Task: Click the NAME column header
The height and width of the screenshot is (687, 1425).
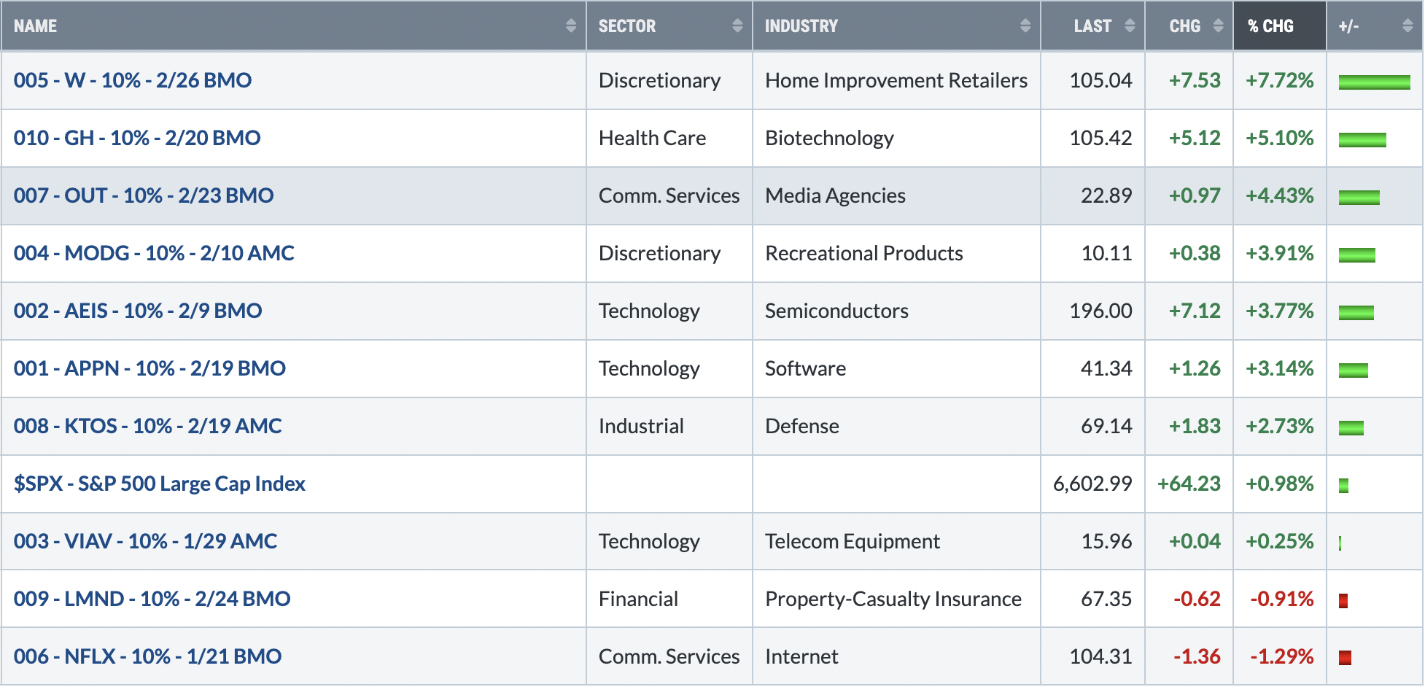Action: coord(35,26)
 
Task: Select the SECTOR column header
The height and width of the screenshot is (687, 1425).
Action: coord(627,26)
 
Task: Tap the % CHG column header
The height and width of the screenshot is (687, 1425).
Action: coord(1270,26)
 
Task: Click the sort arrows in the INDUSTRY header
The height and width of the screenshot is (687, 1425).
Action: coord(1025,26)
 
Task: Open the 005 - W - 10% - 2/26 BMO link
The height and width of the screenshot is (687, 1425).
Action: coord(133,80)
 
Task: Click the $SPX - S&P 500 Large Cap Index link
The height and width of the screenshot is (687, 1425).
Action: coord(160,484)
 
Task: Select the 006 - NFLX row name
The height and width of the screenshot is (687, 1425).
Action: coord(147,656)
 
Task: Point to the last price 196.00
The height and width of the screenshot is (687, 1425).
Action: coord(1100,311)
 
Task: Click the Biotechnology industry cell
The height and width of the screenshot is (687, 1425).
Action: coord(829,138)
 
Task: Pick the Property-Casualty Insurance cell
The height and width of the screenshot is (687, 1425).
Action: coord(893,599)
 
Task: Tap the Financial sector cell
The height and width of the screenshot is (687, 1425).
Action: coord(638,599)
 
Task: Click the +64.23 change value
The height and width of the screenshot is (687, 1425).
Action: coord(1189,484)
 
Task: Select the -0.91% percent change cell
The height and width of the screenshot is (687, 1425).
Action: coord(1282,599)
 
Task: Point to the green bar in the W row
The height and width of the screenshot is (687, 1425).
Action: coord(1374,82)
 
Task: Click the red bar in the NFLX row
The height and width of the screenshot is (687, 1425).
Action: coord(1345,658)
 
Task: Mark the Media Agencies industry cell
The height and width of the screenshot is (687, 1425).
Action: coord(835,195)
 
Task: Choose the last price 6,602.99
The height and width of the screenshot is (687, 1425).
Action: coord(1092,484)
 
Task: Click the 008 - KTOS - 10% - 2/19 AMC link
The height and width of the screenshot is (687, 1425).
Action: coord(147,426)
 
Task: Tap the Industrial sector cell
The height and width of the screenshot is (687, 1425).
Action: coord(641,426)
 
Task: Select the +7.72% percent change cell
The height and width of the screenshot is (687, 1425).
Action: coord(1279,80)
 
